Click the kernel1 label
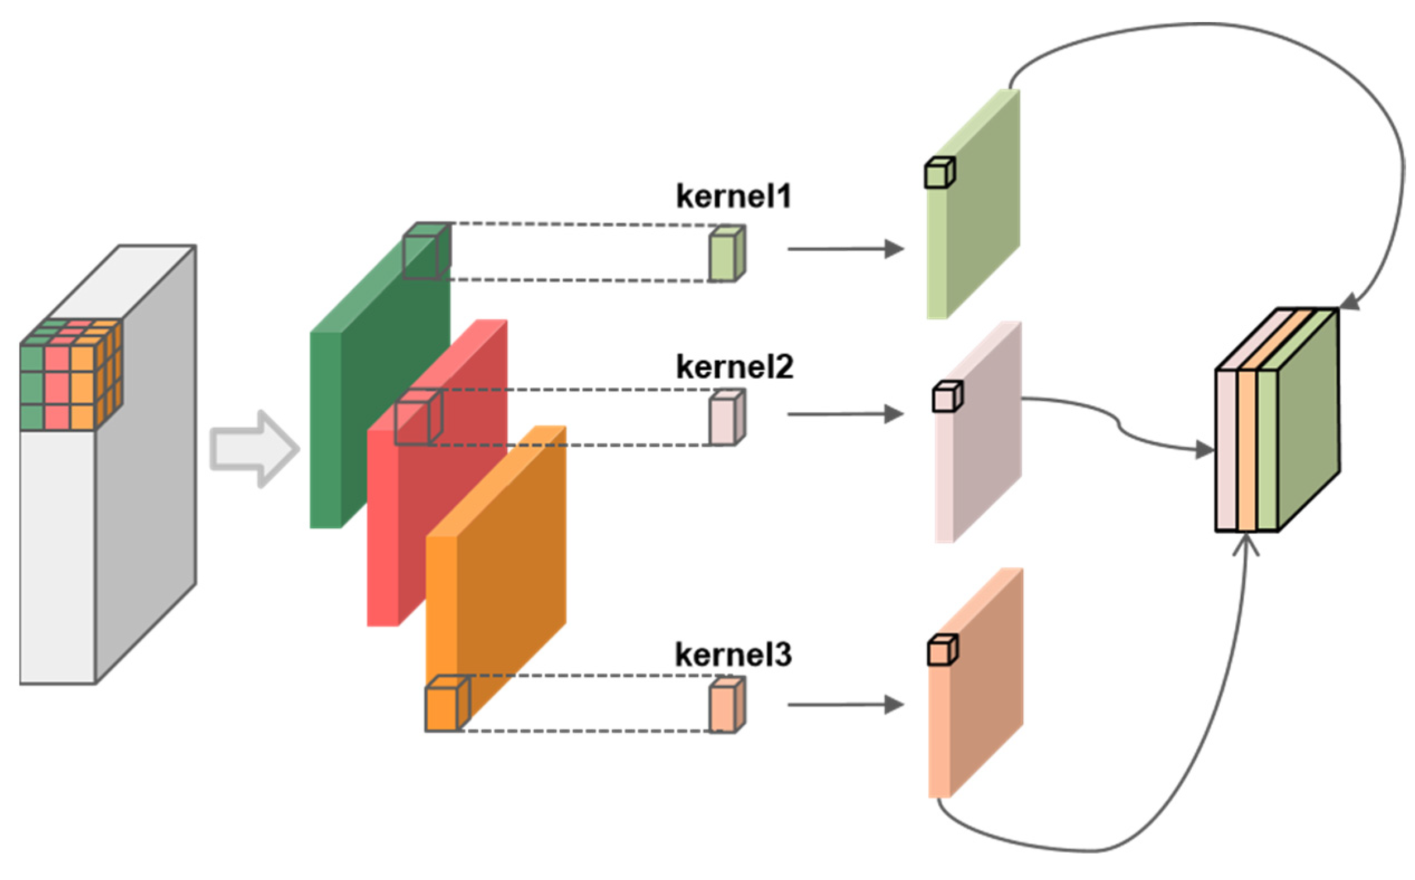(x=733, y=196)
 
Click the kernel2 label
(x=734, y=367)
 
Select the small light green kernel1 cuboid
(x=726, y=254)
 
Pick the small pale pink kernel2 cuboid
(x=726, y=418)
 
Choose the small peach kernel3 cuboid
(x=726, y=705)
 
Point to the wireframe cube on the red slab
(x=418, y=417)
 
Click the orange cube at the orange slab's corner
(x=446, y=704)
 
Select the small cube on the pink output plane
(x=947, y=397)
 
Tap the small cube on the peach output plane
(x=942, y=651)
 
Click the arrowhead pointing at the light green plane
(x=893, y=249)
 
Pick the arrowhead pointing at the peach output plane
(x=893, y=705)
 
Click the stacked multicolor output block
(x=1277, y=425)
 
